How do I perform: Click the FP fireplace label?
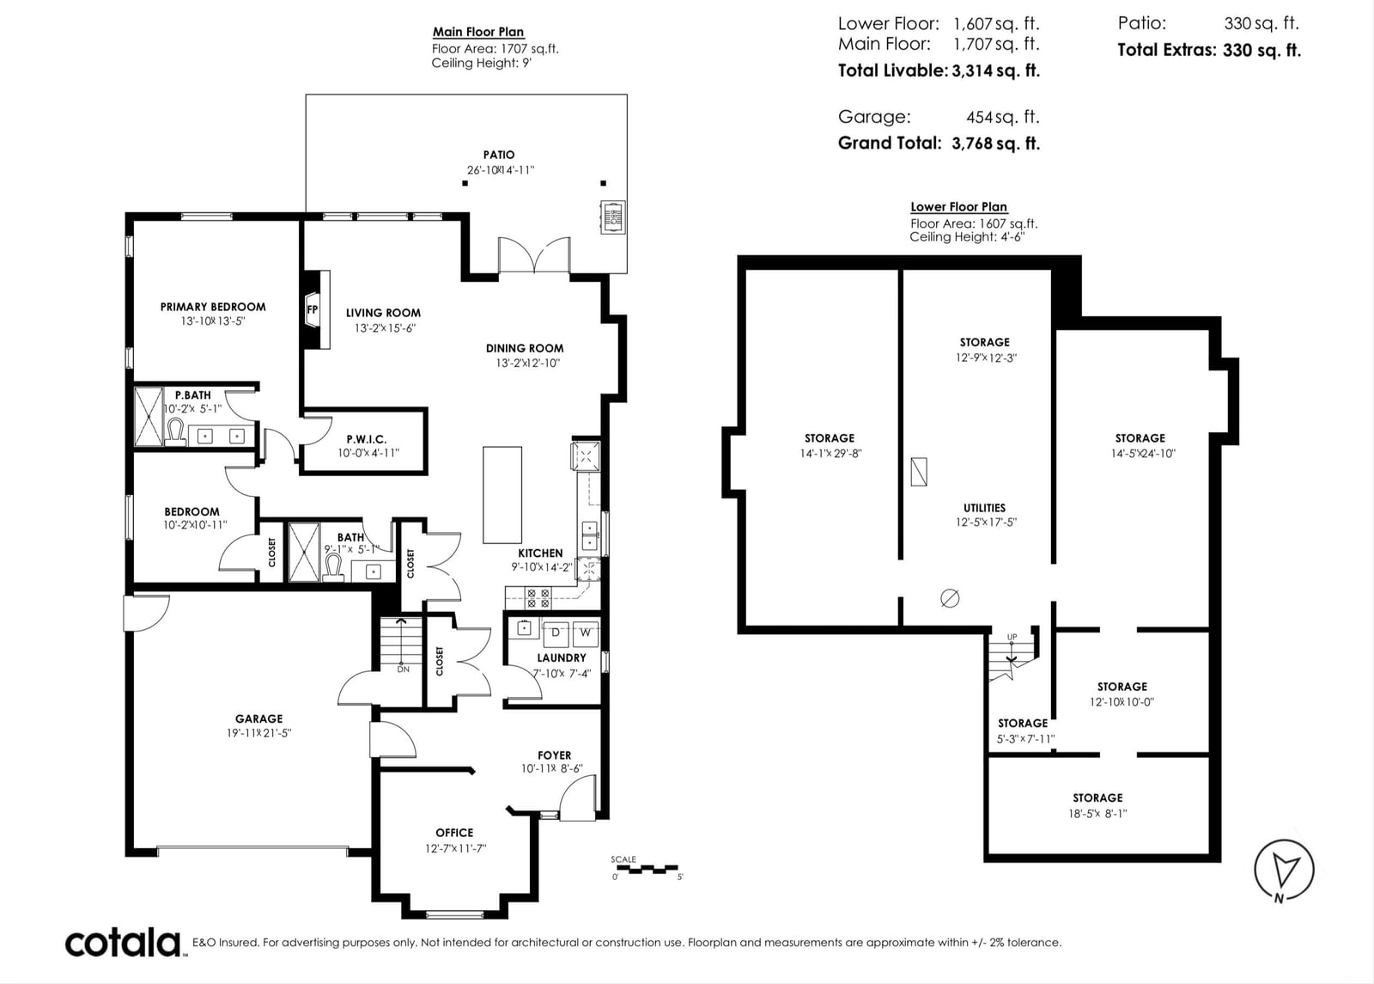tap(313, 309)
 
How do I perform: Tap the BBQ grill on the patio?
tap(613, 217)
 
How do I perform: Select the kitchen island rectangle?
tap(502, 495)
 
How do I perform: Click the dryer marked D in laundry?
tap(556, 633)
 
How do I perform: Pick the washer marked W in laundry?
tap(586, 633)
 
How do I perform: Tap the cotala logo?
tap(124, 944)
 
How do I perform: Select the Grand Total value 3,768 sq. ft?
tap(995, 143)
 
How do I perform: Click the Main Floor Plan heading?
tap(478, 32)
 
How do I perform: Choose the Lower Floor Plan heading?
tap(958, 207)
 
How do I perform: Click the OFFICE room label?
tap(454, 833)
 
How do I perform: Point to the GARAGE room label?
tap(258, 718)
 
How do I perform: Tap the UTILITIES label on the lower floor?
tap(984, 508)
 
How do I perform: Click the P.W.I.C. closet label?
tap(367, 439)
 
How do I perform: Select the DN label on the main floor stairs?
tap(403, 669)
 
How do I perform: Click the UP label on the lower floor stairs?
tap(1012, 637)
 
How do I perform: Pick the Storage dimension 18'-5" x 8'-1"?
tap(1098, 813)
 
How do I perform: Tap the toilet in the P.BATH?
tap(175, 431)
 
